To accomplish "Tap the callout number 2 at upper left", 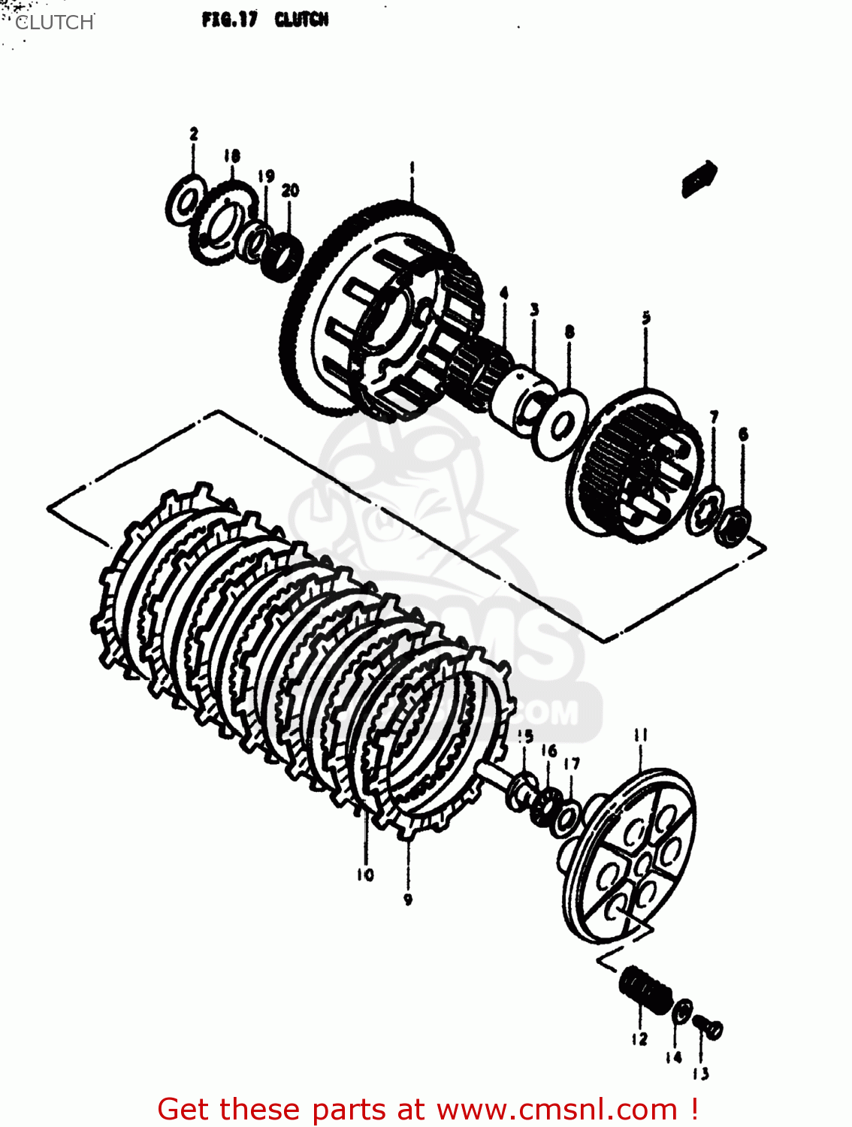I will [194, 134].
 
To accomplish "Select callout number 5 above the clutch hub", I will [646, 318].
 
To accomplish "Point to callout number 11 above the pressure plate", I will [640, 735].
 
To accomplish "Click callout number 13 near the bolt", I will [700, 1074].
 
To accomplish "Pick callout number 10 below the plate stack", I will [365, 875].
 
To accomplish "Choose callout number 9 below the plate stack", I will [408, 899].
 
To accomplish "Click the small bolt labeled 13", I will [708, 1026].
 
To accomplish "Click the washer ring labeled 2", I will [185, 201].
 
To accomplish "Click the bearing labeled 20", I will [283, 258].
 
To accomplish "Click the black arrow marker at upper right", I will [699, 180].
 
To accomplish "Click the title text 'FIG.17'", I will [228, 20].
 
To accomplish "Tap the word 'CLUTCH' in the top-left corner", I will [54, 23].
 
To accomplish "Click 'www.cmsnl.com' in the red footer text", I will [557, 1109].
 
